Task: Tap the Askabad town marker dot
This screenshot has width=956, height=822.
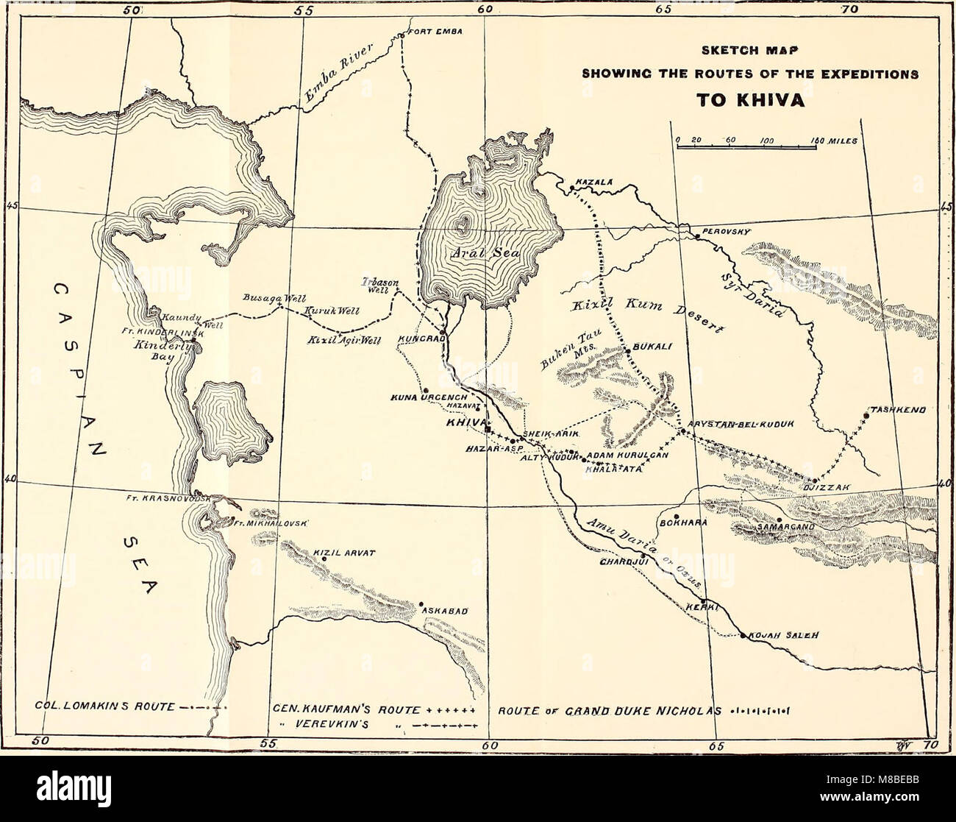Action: [421, 604]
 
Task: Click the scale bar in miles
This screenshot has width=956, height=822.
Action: [746, 148]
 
